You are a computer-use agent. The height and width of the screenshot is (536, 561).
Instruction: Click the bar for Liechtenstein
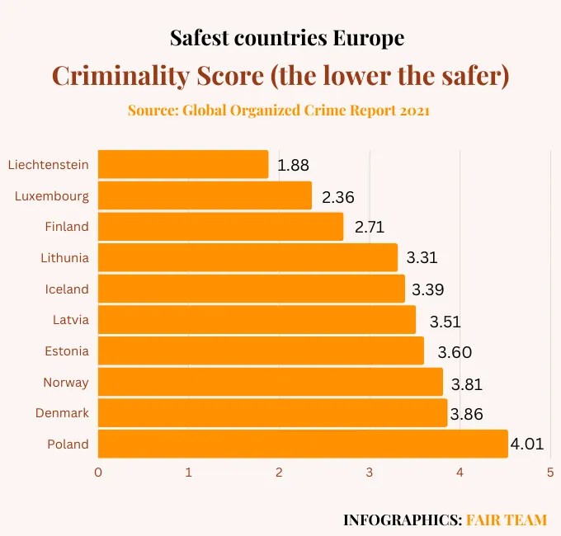(183, 164)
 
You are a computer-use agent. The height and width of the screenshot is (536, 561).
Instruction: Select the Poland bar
(303, 444)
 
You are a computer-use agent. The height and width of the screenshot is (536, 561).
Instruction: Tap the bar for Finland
(220, 227)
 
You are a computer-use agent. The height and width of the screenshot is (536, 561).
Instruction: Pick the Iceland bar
(251, 289)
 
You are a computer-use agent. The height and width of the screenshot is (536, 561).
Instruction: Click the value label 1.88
(293, 166)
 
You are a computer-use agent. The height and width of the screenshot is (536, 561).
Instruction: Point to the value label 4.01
(527, 445)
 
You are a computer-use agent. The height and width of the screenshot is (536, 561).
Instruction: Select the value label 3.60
(455, 352)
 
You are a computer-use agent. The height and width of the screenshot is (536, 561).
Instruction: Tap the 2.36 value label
(337, 197)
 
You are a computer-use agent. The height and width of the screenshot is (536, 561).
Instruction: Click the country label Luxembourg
(51, 195)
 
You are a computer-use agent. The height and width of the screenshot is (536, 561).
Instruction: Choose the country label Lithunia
(64, 258)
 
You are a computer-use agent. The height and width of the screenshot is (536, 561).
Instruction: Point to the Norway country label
(65, 383)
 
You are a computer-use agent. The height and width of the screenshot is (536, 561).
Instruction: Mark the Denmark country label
(62, 413)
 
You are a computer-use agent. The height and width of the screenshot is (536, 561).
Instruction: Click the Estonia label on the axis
(66, 351)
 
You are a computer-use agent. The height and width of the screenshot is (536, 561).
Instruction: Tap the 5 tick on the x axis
(549, 473)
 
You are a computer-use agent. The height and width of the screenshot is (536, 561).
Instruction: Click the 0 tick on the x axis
(98, 473)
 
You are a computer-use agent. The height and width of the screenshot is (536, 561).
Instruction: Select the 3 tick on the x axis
(369, 473)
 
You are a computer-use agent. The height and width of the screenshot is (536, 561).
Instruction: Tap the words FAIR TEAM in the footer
(507, 520)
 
